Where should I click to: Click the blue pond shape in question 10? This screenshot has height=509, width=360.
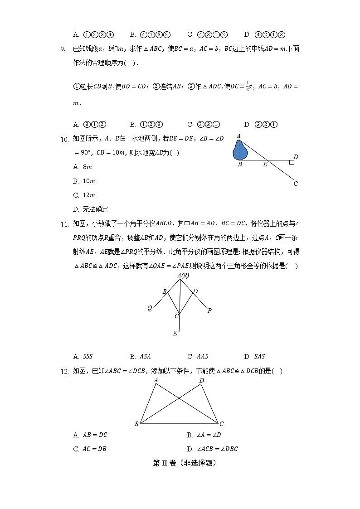point(239,150)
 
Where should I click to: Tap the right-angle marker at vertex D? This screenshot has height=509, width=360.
point(291,162)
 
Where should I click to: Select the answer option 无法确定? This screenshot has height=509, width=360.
point(91,209)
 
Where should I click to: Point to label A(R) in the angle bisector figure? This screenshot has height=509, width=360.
point(183,275)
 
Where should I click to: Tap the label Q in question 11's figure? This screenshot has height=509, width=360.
point(150,308)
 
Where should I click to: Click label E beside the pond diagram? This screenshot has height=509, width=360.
point(265,165)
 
